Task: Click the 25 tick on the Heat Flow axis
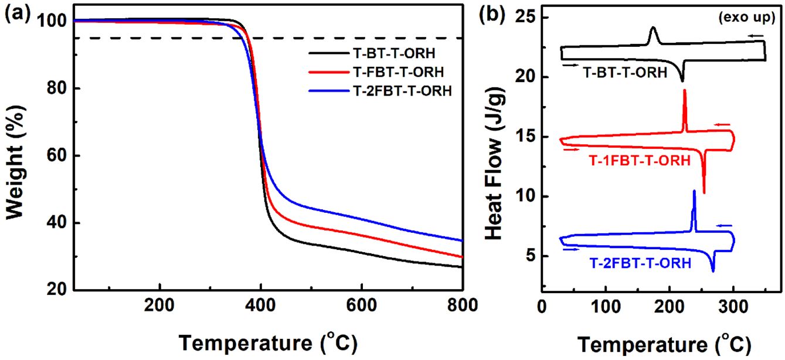click(527, 18)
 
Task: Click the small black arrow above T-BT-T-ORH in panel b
click(569, 65)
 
